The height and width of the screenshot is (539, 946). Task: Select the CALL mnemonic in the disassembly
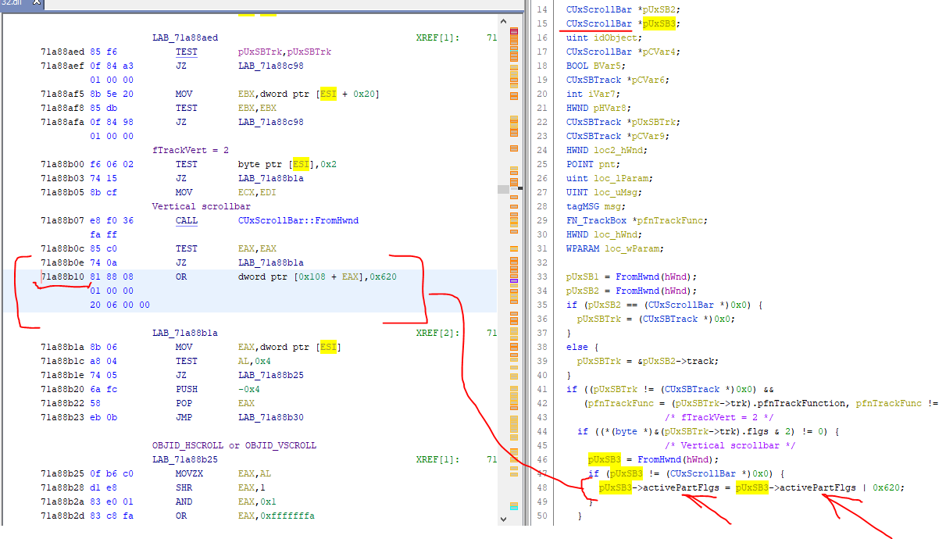[x=186, y=220]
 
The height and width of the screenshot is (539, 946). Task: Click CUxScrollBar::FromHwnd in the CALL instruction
[x=298, y=220]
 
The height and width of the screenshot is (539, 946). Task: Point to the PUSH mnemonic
[x=186, y=389]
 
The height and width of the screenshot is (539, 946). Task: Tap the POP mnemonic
[x=184, y=403]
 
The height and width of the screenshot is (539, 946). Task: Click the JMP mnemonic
[x=184, y=417]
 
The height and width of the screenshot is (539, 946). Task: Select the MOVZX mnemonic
[x=189, y=473]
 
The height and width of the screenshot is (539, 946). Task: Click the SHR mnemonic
[x=184, y=487]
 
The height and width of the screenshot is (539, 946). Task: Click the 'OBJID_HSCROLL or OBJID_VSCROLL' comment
[x=234, y=445]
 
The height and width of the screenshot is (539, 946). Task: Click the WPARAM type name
[x=583, y=248]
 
